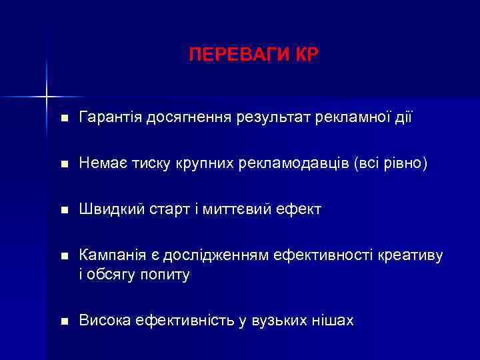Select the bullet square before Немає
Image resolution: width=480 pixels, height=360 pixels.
[63, 165]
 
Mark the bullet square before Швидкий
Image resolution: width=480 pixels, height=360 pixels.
[63, 211]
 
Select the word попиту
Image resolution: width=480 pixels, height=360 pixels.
[164, 273]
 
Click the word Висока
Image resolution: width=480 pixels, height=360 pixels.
[105, 321]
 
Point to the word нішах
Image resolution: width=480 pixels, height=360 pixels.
[333, 321]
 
